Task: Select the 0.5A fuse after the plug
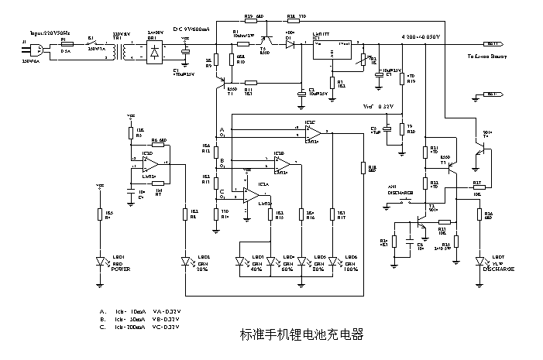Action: [x=66, y=46]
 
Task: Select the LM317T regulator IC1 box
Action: [x=330, y=50]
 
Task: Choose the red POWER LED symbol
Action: [x=99, y=262]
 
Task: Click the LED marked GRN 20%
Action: [x=186, y=262]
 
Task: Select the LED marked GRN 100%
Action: [x=333, y=262]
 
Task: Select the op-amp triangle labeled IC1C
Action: [x=311, y=132]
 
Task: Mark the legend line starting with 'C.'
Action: [x=140, y=327]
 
